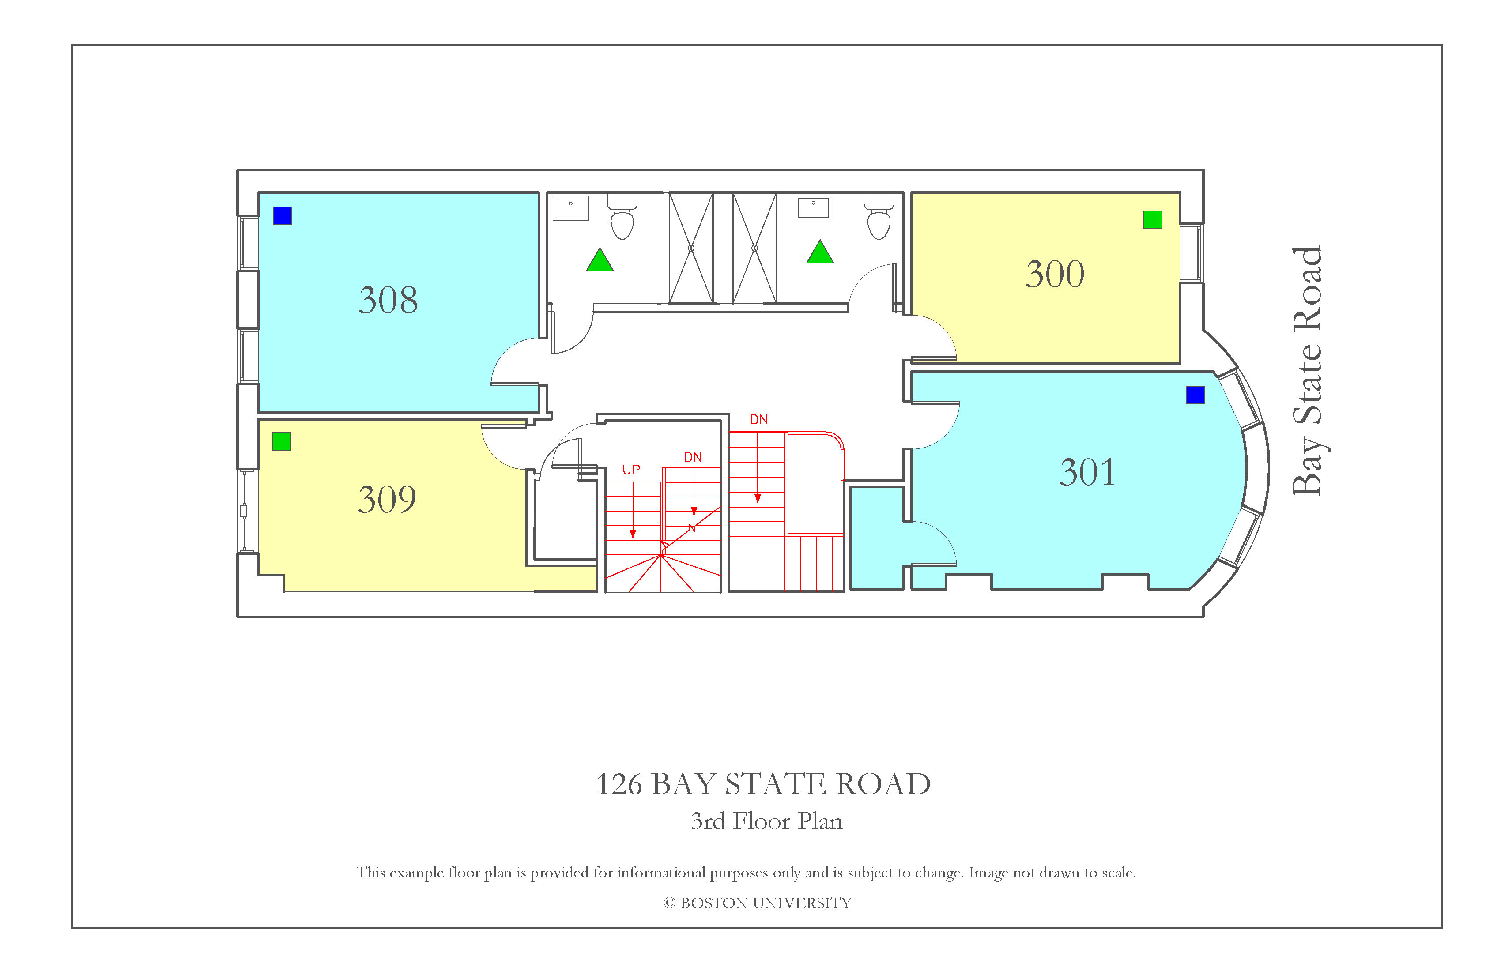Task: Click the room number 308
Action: tap(388, 300)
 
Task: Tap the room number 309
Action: tap(387, 499)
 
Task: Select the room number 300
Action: tap(1055, 274)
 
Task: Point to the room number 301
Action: tap(1087, 472)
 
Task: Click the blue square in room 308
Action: tap(283, 216)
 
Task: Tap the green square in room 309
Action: tap(281, 441)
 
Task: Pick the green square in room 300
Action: tap(1153, 219)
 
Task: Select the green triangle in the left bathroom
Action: tap(600, 260)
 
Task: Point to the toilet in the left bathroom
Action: tap(622, 216)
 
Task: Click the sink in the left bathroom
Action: tap(571, 208)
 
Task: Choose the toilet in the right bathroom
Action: tap(879, 216)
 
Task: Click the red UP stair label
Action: tap(631, 470)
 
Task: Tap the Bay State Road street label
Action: tap(1307, 372)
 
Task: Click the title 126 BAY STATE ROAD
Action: tap(764, 784)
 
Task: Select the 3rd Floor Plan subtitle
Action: tap(766, 821)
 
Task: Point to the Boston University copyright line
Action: tap(758, 903)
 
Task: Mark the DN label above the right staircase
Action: tap(759, 420)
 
